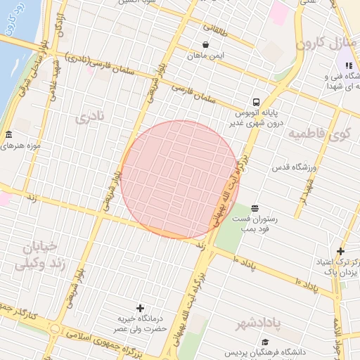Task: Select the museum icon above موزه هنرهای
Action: point(8,135)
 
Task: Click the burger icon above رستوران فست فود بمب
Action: point(254,207)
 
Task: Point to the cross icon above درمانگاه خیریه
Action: point(140,308)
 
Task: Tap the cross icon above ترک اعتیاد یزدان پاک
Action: point(340,251)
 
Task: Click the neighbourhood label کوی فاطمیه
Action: point(330,133)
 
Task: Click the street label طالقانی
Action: point(217,31)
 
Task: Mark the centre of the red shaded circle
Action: point(179,179)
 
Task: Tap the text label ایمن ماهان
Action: point(211,55)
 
